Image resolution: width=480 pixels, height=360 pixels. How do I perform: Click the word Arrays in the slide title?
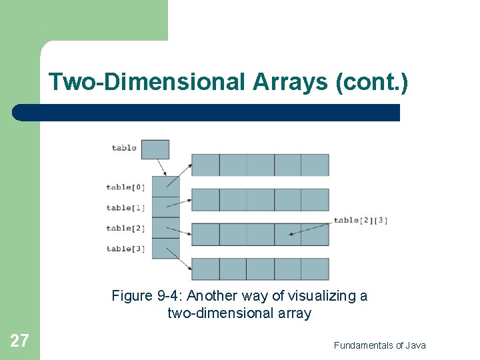291,82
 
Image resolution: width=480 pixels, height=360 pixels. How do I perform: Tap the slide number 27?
19,341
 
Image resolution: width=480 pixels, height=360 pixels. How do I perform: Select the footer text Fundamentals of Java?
379,345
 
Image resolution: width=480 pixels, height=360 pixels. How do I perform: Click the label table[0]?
125,187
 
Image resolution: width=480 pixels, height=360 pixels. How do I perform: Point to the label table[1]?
125,208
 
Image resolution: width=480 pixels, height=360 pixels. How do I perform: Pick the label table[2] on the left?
125,228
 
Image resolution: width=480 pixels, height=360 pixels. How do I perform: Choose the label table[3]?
125,249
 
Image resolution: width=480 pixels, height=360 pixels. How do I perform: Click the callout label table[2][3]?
361,220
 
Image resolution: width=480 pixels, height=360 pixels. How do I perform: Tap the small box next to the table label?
155,149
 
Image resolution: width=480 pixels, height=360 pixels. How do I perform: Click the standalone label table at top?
124,148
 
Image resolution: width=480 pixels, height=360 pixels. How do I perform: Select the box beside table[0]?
165,187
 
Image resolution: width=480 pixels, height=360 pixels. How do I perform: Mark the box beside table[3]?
165,249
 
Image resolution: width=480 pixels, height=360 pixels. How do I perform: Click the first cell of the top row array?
205,165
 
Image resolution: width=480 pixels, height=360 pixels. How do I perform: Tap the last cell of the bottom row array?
315,269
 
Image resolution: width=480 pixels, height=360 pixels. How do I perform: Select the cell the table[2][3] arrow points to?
287,234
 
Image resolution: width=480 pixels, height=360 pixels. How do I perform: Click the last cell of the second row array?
315,199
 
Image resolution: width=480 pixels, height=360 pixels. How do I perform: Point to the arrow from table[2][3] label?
312,227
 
